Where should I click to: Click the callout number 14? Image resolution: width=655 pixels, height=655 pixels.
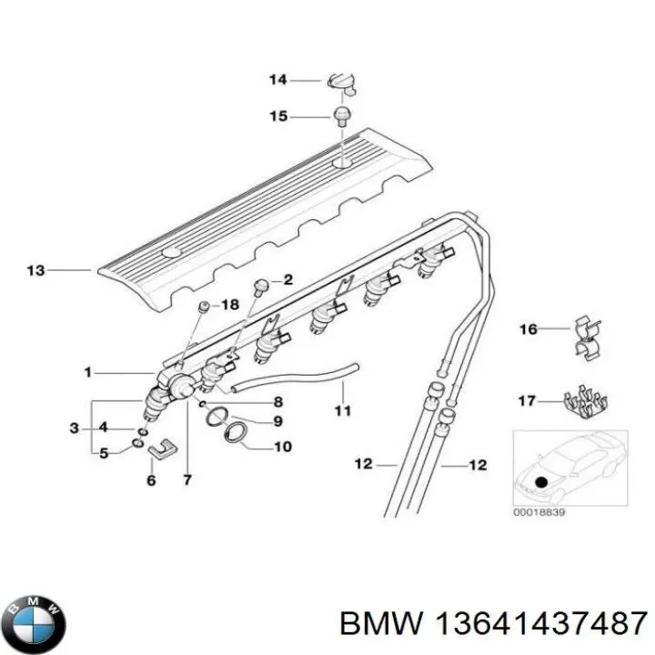(277, 80)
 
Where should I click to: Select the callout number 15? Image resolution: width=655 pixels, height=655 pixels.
(277, 116)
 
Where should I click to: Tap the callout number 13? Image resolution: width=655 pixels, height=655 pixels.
(36, 270)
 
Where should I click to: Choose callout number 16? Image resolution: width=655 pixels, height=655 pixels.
(529, 328)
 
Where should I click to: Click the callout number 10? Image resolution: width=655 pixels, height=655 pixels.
(283, 447)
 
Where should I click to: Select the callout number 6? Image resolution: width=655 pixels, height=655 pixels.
(151, 479)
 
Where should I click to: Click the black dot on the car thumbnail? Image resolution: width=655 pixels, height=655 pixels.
(542, 483)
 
